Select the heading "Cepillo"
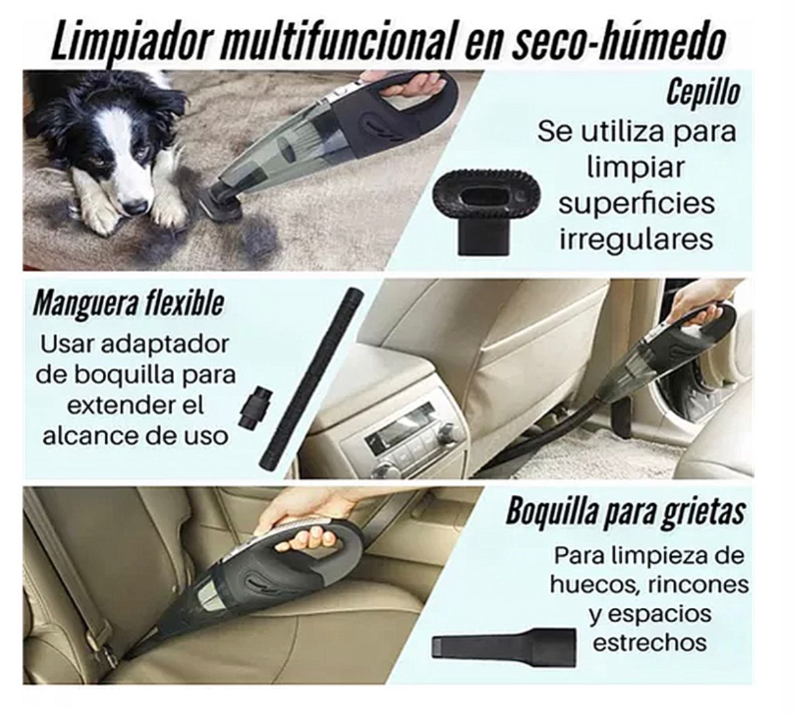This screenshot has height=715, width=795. (703, 93)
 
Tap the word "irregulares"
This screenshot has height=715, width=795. (636, 240)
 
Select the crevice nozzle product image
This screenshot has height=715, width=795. (504, 643)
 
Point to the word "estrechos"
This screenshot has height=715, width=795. (649, 643)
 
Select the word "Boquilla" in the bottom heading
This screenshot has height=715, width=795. (554, 513)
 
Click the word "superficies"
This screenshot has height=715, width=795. (637, 203)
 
